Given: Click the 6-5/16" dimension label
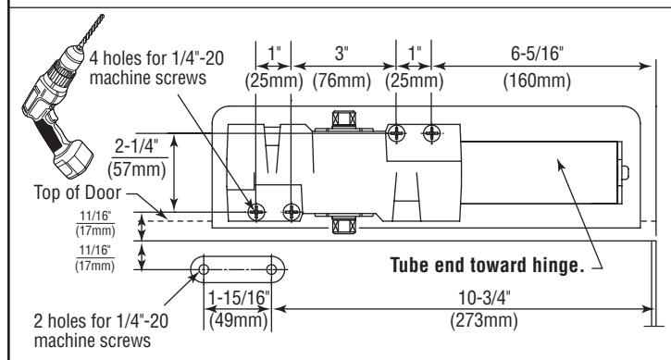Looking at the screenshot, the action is pos(537,54).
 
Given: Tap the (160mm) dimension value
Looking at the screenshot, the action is pos(537,81).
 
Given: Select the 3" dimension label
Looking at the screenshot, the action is pos(342,54).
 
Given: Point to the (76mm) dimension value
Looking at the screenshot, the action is pos(342,81).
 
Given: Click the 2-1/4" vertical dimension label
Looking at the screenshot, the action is pos(136,146).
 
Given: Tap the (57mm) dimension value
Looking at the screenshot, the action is pos(136,169).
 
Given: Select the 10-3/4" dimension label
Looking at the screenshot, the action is pos(484,297).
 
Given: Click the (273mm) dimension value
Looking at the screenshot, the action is pos(484,320).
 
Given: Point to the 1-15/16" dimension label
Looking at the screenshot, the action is pos(239,297).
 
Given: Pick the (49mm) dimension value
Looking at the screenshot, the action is pos(239,320).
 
